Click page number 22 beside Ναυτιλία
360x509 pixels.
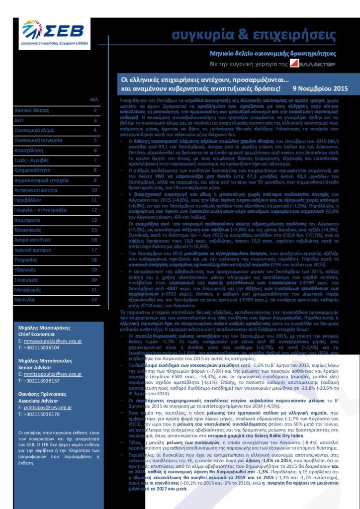(x=93, y=299)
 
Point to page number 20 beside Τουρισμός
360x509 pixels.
(x=93, y=279)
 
